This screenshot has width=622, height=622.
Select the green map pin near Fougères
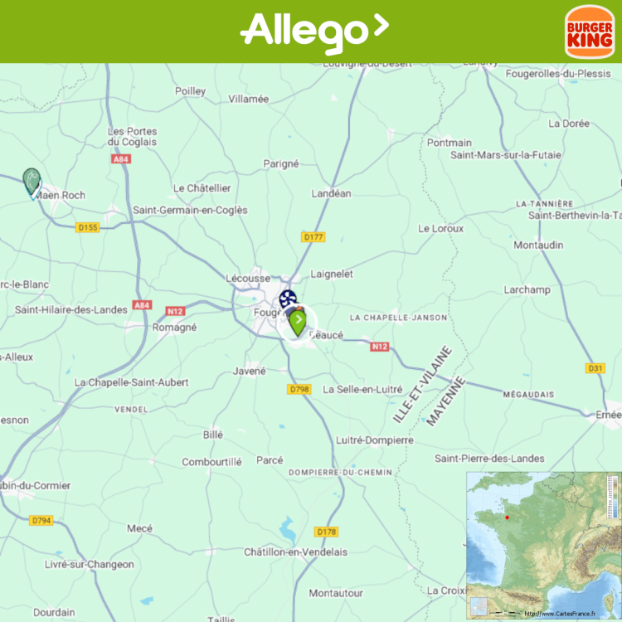pos(298,322)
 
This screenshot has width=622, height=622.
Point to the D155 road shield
pos(86,227)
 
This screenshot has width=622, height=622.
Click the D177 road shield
pos(313,237)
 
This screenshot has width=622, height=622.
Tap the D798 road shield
pos(299,389)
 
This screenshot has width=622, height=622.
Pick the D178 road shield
pos(327,532)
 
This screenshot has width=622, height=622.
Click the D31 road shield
pos(595,368)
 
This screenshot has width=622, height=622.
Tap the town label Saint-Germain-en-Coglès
pos(190,210)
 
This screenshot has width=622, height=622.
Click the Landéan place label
pos(331,193)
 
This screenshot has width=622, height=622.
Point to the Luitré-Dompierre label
pos(375,440)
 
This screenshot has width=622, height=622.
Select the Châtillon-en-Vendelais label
pos(295,552)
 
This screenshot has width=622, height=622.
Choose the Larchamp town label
pos(527,289)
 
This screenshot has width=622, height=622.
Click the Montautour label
pos(336,593)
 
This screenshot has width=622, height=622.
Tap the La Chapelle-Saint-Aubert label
pos(131,382)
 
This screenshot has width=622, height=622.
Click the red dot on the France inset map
pos(507,518)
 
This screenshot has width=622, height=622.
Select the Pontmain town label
pos(449,143)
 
